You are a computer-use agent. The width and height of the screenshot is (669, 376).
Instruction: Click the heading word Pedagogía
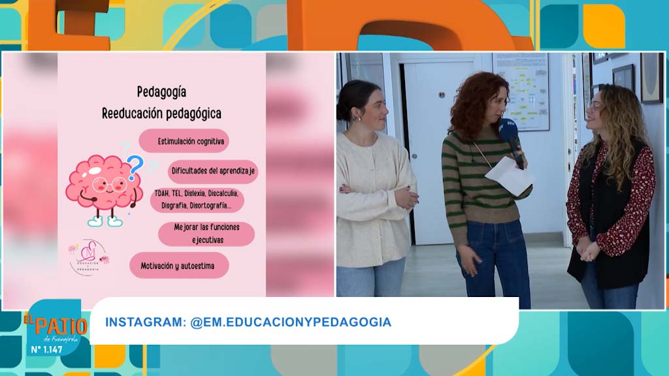161,92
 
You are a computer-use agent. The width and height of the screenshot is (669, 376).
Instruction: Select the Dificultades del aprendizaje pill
213,172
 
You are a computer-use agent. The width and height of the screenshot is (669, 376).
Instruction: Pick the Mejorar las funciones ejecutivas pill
207,233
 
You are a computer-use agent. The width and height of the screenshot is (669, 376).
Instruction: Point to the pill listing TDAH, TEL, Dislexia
196,199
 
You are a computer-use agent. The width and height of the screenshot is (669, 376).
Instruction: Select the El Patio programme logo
55,324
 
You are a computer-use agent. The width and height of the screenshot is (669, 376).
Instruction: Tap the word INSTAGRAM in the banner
144,322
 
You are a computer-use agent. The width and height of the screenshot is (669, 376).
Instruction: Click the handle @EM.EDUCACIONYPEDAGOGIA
291,322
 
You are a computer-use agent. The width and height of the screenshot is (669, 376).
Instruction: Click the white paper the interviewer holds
510,175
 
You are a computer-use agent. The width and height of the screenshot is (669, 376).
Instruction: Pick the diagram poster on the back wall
521,91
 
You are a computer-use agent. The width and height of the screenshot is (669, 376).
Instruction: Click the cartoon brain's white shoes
105,221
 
